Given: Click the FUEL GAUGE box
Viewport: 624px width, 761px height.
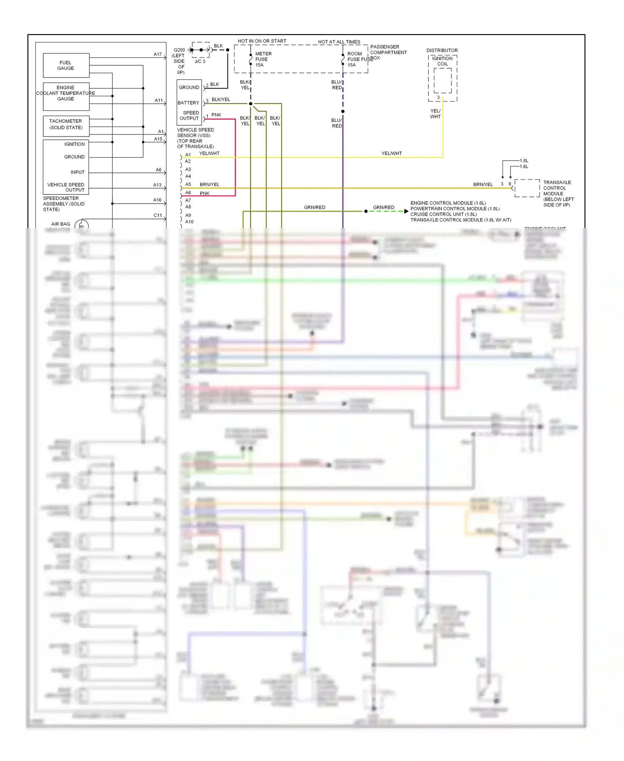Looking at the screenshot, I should (x=66, y=65).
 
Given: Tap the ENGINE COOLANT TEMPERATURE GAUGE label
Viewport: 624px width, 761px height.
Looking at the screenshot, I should (x=66, y=93).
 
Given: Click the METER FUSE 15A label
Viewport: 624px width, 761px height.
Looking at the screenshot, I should (x=263, y=59).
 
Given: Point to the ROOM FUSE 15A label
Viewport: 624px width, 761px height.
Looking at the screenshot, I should (x=355, y=59).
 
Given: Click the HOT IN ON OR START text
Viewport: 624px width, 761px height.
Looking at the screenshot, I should (x=262, y=41).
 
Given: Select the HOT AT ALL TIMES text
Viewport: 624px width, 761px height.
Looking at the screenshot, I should (x=339, y=42).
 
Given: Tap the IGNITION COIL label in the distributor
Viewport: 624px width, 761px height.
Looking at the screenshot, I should (x=442, y=61).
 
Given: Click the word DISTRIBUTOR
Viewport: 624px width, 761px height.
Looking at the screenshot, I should (x=442, y=50).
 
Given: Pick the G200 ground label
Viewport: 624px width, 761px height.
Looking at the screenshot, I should (x=179, y=50).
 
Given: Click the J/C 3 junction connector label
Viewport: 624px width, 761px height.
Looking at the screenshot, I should (x=200, y=61).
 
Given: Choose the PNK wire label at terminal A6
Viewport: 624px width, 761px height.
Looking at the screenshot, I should (x=205, y=193).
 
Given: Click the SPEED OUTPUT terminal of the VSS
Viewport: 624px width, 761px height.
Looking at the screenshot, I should (x=189, y=115).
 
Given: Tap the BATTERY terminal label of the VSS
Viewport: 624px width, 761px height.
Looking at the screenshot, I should (x=188, y=103).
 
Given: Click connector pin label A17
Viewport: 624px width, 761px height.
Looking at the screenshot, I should (x=157, y=54).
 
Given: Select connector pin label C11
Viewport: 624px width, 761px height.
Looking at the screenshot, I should (x=157, y=215).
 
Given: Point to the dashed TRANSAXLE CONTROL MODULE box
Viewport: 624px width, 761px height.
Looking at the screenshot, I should (x=527, y=188).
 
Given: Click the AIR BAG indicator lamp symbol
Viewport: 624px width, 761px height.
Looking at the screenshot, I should (x=82, y=225).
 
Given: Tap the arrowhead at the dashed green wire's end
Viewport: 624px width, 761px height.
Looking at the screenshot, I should (x=406, y=211).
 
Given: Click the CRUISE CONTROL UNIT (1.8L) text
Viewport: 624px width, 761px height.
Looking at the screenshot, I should (x=443, y=214).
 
